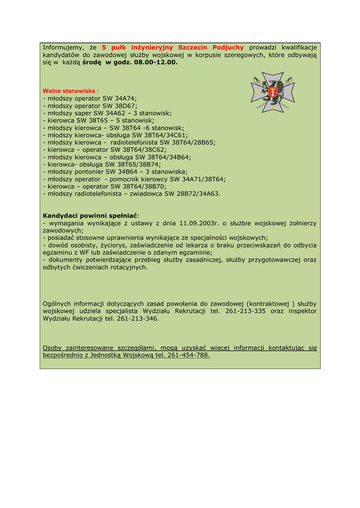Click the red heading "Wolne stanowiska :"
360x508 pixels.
tap(71, 91)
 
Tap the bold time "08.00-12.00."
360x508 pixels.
tap(155, 63)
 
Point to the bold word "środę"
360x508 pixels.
tap(92, 63)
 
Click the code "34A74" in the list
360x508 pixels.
tap(125, 99)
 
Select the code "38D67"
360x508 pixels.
tap(126, 106)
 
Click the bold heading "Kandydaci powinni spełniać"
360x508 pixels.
tap(90, 216)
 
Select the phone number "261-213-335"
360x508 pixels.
tap(245, 311)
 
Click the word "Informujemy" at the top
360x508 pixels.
tap(63, 47)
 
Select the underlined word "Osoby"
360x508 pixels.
tap(53, 348)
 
